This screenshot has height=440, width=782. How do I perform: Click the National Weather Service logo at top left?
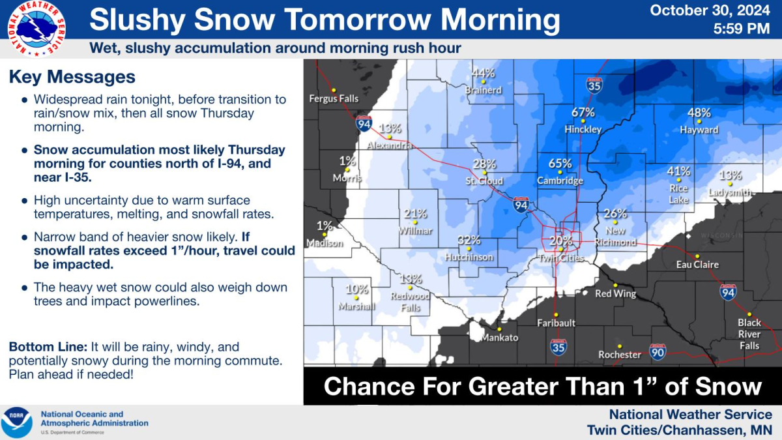tap(36, 28)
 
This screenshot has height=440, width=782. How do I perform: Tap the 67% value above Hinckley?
tap(583, 112)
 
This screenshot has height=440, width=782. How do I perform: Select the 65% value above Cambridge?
tap(560, 164)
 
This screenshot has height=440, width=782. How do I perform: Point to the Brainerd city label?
tap(484, 90)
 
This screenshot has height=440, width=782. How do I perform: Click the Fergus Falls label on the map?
tap(334, 98)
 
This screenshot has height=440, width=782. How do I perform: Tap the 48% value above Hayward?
tap(699, 113)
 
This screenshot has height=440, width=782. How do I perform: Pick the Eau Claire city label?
tap(697, 265)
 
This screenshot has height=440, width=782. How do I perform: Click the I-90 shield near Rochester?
tap(658, 353)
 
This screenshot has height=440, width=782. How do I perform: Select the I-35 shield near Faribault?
tap(558, 346)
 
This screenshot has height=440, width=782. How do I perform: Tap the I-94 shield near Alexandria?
tap(364, 123)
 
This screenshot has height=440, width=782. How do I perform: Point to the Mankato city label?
tap(500, 337)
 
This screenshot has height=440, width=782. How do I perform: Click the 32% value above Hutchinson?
tap(469, 240)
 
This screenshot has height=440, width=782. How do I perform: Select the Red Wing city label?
tap(615, 293)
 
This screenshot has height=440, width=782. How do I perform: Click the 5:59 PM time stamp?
tap(742, 29)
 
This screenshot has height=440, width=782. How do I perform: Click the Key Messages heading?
tap(72, 77)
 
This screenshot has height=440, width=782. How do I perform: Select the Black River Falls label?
tap(749, 334)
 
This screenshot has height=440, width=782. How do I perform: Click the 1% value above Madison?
tap(325, 226)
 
